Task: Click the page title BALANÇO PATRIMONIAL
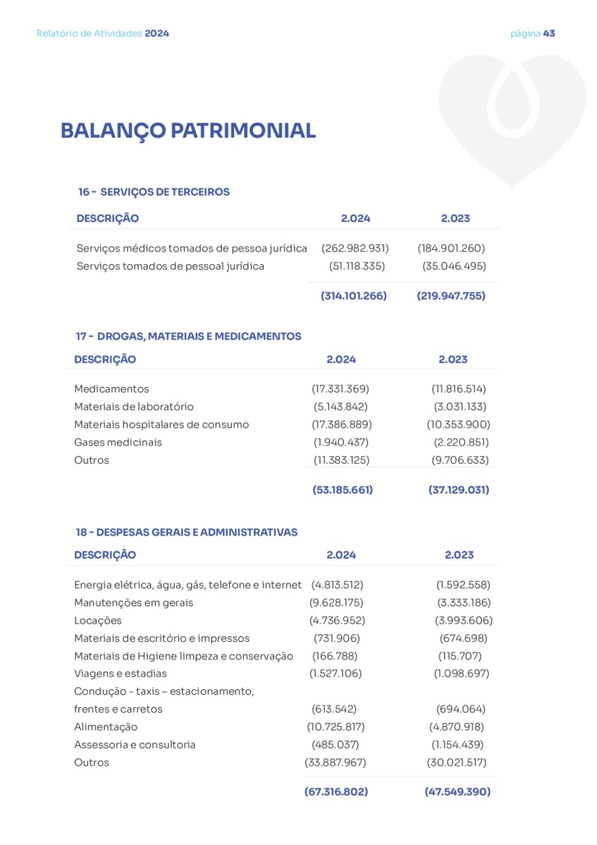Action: pyautogui.click(x=188, y=131)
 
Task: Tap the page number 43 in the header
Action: pyautogui.click(x=549, y=34)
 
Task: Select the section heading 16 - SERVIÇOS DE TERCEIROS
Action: pyautogui.click(x=154, y=191)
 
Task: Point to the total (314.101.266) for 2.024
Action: pyautogui.click(x=354, y=295)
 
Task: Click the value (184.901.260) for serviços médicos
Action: pyautogui.click(x=451, y=248)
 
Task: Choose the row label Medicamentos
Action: pyautogui.click(x=111, y=389)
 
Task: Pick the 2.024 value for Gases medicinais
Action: pyautogui.click(x=341, y=442)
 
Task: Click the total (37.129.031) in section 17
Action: pyautogui.click(x=458, y=489)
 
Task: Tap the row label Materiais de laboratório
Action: pyautogui.click(x=134, y=407)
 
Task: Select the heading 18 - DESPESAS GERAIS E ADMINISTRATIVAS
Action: pyautogui.click(x=186, y=532)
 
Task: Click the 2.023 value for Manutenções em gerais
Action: pyautogui.click(x=464, y=602)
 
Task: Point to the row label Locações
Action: pyautogui.click(x=97, y=621)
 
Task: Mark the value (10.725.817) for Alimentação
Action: pyautogui.click(x=336, y=727)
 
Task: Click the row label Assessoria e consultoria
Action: pyautogui.click(x=135, y=744)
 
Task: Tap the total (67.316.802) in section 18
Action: pyautogui.click(x=336, y=791)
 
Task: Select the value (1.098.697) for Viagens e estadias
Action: pyautogui.click(x=462, y=673)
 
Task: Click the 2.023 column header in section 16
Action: pyautogui.click(x=455, y=219)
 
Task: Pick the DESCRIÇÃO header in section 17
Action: pyautogui.click(x=106, y=360)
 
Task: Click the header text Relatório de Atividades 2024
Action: pyautogui.click(x=103, y=34)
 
